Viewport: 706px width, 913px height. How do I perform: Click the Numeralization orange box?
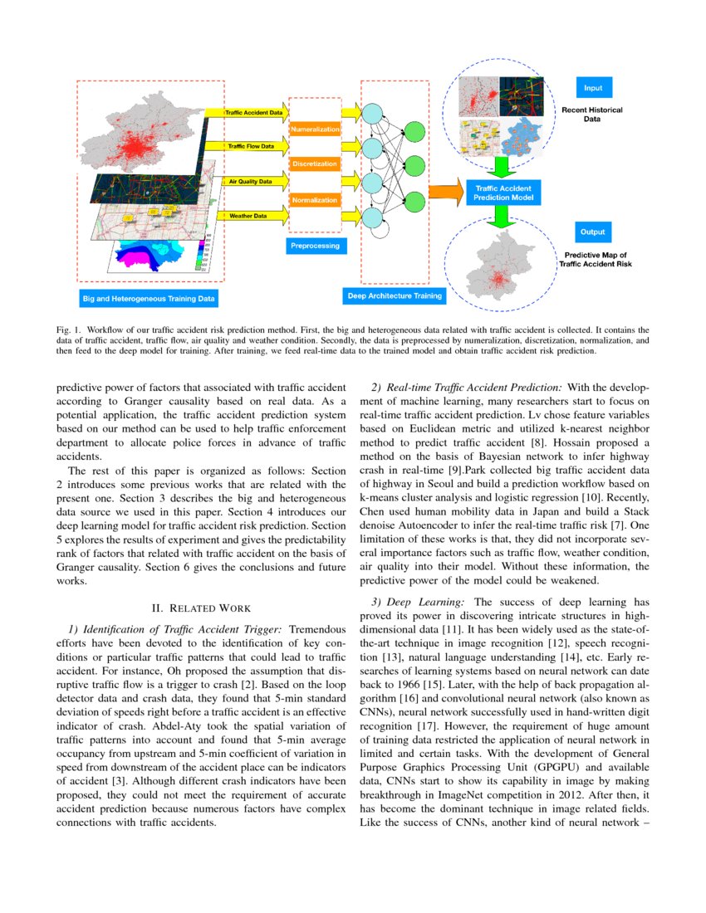click(x=315, y=129)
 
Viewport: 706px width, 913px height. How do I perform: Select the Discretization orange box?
click(x=315, y=164)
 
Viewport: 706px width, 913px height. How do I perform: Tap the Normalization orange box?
click(x=315, y=200)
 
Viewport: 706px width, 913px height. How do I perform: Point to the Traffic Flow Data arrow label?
click(x=251, y=146)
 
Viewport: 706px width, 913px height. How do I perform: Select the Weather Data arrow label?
click(x=248, y=216)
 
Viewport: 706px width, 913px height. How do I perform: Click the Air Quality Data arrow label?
click(x=250, y=181)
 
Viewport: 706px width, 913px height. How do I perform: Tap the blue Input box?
click(x=593, y=87)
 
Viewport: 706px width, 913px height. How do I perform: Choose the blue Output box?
click(x=593, y=232)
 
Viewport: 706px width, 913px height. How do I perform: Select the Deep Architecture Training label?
click(x=394, y=295)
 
